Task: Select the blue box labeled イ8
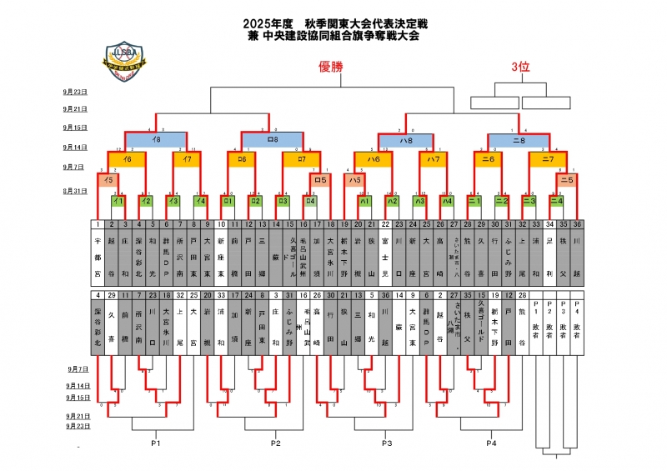(x=156, y=140)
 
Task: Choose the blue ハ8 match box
(x=405, y=141)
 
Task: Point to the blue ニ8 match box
(x=519, y=141)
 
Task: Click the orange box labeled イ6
(x=128, y=158)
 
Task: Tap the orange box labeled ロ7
(x=302, y=158)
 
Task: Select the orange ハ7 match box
(x=433, y=158)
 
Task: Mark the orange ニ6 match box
(x=489, y=158)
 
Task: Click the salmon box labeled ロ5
(x=318, y=179)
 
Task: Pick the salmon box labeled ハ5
(x=354, y=179)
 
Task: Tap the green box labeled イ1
(x=118, y=201)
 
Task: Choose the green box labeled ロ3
(x=283, y=201)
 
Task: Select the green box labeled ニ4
(x=556, y=201)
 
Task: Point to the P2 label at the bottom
(x=276, y=443)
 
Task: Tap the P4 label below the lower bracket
(x=492, y=443)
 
